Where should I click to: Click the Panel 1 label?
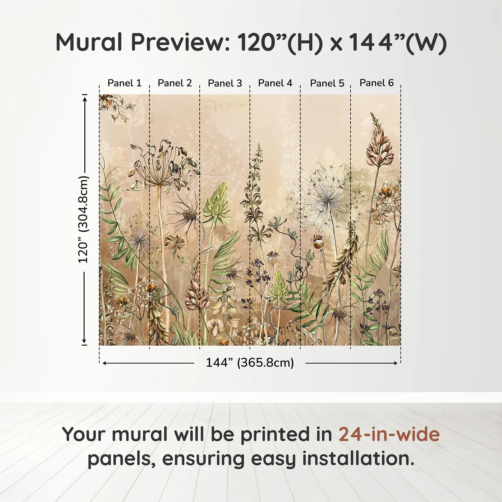click(124, 83)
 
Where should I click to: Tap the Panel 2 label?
click(175, 83)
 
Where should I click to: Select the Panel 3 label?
click(225, 83)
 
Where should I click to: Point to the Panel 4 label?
click(275, 83)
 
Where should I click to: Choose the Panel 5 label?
click(327, 83)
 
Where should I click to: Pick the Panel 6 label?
click(376, 83)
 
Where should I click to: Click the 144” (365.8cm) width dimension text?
click(250, 363)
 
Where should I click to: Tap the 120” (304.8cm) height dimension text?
click(83, 219)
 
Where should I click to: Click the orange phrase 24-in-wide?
click(389, 434)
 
